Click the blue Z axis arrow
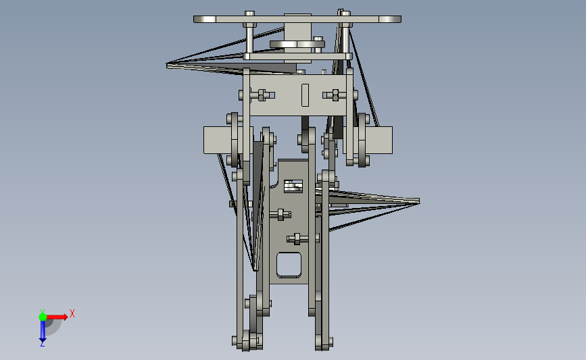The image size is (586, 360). pyautogui.click(x=42, y=332)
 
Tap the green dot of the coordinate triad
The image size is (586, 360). pyautogui.click(x=43, y=315)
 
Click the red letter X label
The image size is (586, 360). pyautogui.click(x=72, y=313)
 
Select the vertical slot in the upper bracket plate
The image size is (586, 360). pyautogui.click(x=304, y=95)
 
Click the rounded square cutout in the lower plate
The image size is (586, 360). pyautogui.click(x=289, y=264)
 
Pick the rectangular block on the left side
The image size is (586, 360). pyautogui.click(x=216, y=140)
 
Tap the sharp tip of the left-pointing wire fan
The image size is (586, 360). pyautogui.click(x=168, y=65)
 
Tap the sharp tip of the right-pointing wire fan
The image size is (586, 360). pyautogui.click(x=417, y=201)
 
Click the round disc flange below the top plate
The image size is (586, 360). pyautogui.click(x=297, y=45)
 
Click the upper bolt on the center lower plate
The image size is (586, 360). pyautogui.click(x=279, y=215)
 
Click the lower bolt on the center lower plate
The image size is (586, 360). pyautogui.click(x=296, y=238)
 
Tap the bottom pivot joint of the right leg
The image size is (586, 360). pyautogui.click(x=324, y=342)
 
